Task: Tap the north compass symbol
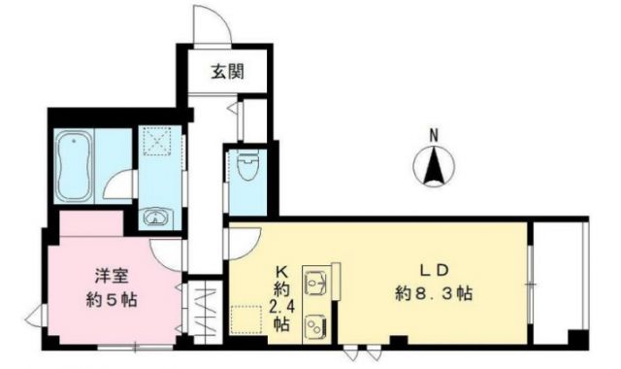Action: [434, 167]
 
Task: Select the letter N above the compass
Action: [434, 136]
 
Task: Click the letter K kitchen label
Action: [279, 271]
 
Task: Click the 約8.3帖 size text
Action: [433, 291]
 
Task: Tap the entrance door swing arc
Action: [211, 23]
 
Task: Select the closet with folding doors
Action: [204, 309]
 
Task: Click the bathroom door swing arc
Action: [120, 185]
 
